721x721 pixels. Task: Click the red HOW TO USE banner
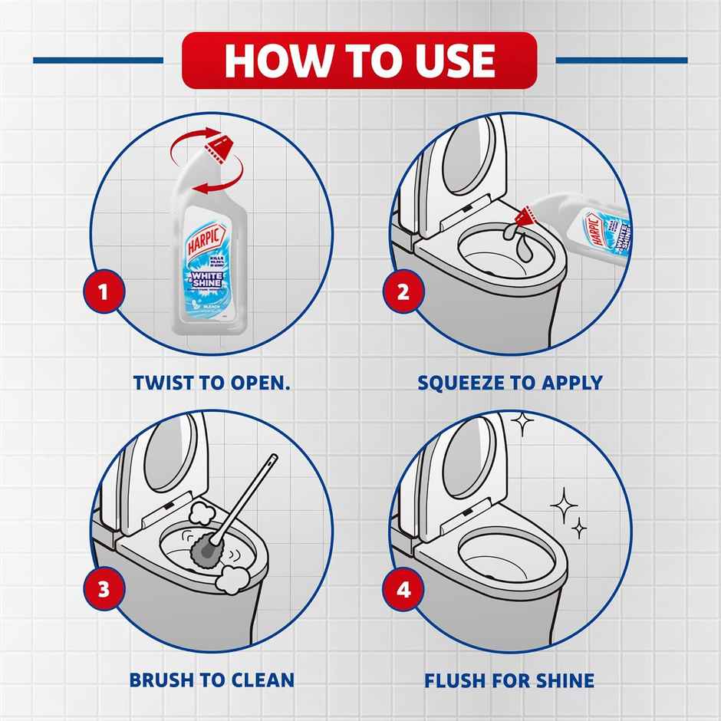tap(359, 61)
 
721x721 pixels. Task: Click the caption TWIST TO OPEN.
tap(212, 382)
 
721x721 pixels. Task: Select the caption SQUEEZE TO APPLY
tap(510, 382)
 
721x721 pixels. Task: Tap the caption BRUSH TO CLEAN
tap(212, 680)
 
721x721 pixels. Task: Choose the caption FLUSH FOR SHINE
tap(509, 680)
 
